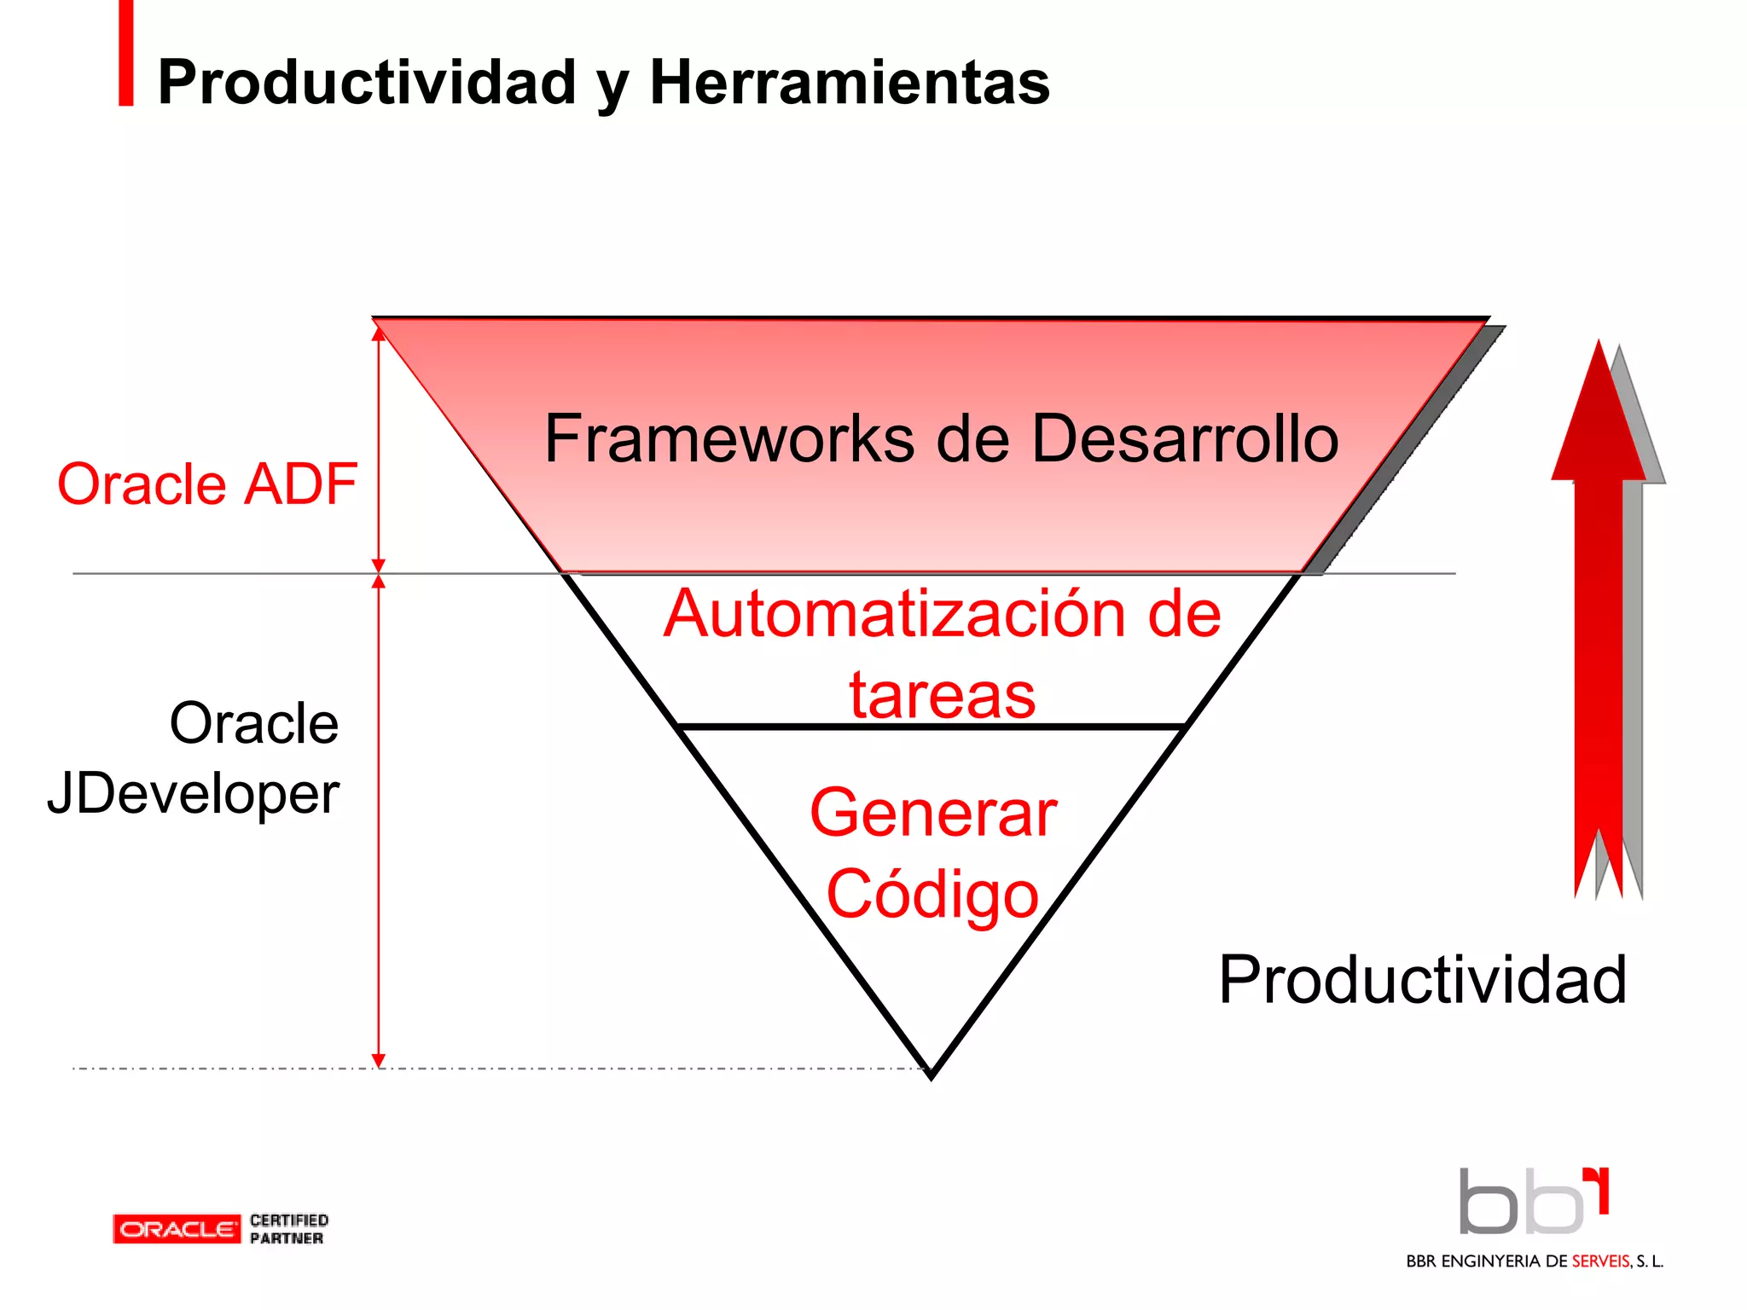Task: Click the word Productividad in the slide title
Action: coord(367,83)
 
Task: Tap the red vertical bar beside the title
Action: coord(126,53)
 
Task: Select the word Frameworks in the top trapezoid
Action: coord(729,438)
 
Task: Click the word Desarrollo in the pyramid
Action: coord(1185,438)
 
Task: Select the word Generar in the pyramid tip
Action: coord(933,813)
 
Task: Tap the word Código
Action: coord(932,894)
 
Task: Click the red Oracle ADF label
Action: coord(207,484)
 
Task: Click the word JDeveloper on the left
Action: coord(194,793)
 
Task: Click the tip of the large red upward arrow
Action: coord(1599,350)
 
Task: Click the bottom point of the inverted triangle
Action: coord(932,1075)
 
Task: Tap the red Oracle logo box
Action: coord(177,1229)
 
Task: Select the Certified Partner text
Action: coord(288,1229)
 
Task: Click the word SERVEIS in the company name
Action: coord(1601,1261)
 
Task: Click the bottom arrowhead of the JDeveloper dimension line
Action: coord(379,1061)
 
